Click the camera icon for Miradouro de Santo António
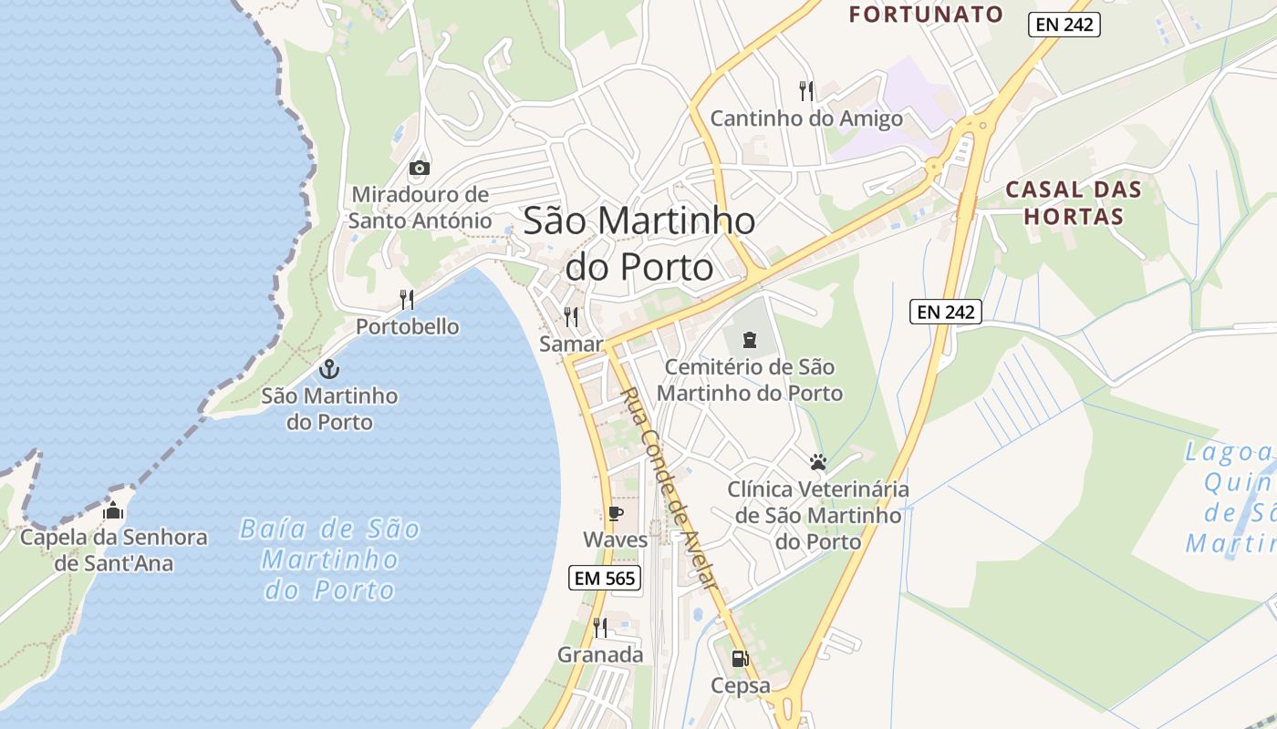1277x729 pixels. pyautogui.click(x=420, y=168)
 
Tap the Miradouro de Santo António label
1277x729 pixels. pyautogui.click(x=420, y=208)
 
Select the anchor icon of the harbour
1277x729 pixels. pyautogui.click(x=328, y=369)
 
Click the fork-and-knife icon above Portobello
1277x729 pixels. pyautogui.click(x=407, y=299)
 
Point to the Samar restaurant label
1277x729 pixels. pyautogui.click(x=571, y=344)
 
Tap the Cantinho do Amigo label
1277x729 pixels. pyautogui.click(x=806, y=118)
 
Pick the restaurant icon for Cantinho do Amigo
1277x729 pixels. pyautogui.click(x=806, y=90)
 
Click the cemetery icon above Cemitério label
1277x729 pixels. pyautogui.click(x=749, y=340)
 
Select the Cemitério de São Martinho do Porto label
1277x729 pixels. pyautogui.click(x=750, y=380)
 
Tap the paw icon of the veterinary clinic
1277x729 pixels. pyautogui.click(x=818, y=462)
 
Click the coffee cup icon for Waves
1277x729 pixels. pyautogui.click(x=616, y=514)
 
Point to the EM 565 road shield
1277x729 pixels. pyautogui.click(x=605, y=577)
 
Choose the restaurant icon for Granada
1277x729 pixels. pyautogui.click(x=600, y=627)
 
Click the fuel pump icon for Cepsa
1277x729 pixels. pyautogui.click(x=740, y=658)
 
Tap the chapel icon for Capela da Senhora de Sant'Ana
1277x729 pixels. pyautogui.click(x=113, y=510)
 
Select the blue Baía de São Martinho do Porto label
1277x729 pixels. pyautogui.click(x=330, y=559)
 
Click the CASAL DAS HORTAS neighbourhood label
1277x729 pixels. pyautogui.click(x=1073, y=203)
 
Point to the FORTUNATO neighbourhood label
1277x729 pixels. pyautogui.click(x=926, y=15)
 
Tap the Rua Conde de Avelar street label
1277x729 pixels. pyautogui.click(x=670, y=492)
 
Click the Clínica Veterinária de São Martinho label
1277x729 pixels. pyautogui.click(x=818, y=515)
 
